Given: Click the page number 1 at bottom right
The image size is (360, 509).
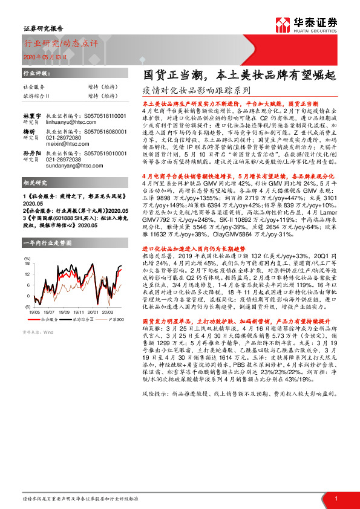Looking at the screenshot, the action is click(336, 498).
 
